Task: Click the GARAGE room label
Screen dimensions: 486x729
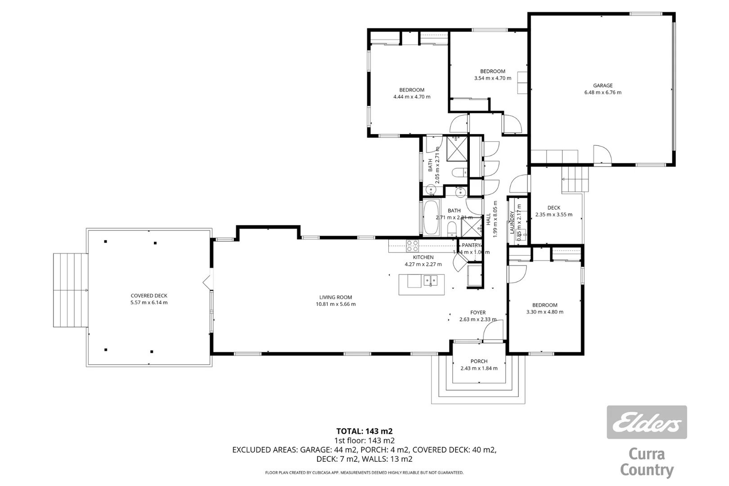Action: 603,85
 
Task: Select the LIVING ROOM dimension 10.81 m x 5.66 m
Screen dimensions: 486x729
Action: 335,304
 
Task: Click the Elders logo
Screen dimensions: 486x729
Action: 647,422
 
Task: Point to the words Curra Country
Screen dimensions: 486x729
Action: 647,462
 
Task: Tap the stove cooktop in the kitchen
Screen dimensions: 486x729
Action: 413,246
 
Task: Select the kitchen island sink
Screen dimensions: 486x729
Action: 430,281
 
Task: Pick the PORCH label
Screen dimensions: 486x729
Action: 479,361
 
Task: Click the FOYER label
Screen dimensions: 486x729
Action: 478,312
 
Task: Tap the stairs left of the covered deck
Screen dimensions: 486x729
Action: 70,290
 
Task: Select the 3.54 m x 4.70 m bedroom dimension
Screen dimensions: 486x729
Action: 493,78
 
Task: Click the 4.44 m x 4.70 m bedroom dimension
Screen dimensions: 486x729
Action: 412,97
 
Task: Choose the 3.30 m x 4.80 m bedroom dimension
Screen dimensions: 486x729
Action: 544,312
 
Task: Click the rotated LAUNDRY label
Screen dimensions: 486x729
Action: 512,223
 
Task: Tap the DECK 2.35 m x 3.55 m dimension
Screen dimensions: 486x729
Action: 554,215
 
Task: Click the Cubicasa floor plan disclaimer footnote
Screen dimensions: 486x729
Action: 364,472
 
